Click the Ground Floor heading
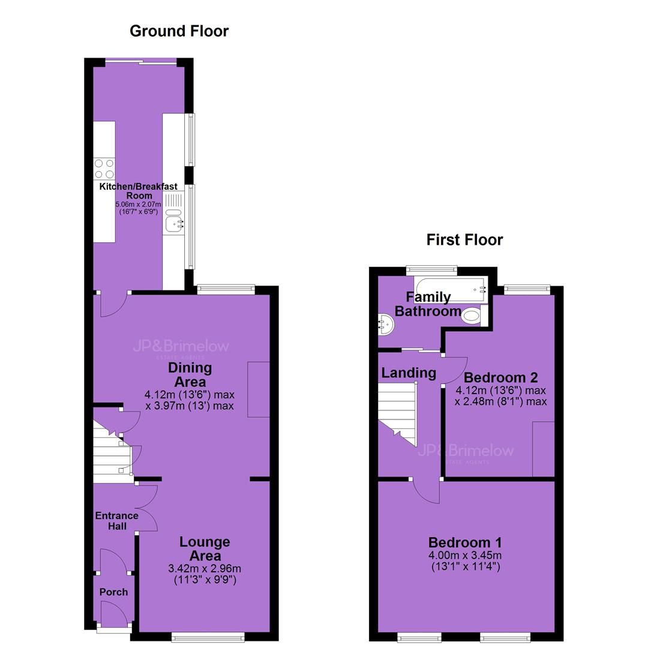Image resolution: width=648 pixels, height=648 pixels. [179, 31]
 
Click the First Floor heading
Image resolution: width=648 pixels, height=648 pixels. [464, 239]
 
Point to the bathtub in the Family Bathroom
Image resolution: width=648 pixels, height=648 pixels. [452, 289]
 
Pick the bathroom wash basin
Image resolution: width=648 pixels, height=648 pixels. [386, 323]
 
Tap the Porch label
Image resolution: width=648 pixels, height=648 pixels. [113, 592]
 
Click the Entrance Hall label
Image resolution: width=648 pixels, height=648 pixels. [116, 521]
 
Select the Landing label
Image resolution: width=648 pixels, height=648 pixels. [409, 373]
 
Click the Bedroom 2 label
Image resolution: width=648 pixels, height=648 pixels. [500, 377]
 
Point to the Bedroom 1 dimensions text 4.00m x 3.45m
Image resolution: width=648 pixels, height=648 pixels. [465, 556]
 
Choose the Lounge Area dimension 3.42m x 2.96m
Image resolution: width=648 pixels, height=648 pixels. [205, 569]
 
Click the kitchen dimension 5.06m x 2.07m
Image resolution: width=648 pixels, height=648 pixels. [139, 204]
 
